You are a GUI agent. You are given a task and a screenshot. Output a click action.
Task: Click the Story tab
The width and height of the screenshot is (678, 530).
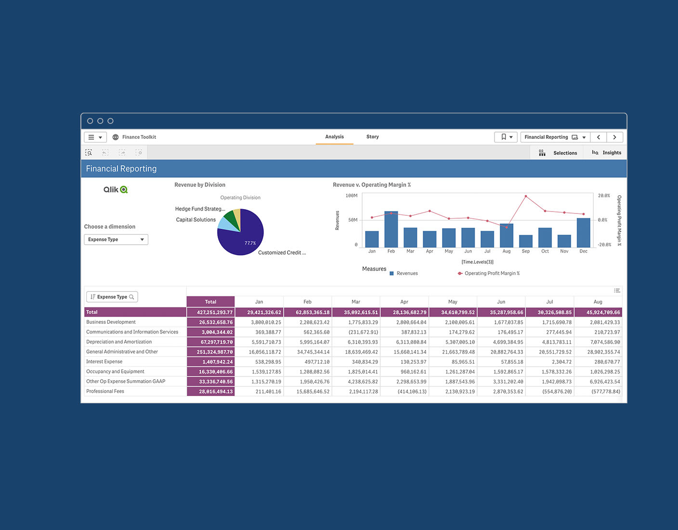[x=372, y=137]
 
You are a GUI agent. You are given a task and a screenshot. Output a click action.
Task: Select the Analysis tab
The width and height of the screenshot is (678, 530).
[x=334, y=137]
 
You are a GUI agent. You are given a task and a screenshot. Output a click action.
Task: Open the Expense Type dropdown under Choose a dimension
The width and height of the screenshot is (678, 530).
[x=116, y=239]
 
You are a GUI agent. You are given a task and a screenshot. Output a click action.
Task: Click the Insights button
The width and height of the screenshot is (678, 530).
[x=607, y=153]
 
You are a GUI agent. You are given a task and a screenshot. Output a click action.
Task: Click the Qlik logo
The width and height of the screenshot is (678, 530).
[x=116, y=190]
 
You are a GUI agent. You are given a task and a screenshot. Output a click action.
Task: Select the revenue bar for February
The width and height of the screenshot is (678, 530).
[x=391, y=230]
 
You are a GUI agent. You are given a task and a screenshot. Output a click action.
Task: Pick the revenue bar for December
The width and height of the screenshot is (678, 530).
[x=583, y=233]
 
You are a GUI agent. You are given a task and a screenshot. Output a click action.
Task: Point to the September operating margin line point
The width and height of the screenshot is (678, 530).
[x=525, y=196]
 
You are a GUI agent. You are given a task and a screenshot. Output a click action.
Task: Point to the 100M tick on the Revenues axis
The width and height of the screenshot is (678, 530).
[x=352, y=196]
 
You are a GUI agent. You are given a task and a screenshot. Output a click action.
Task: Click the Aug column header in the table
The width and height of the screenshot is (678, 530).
[x=598, y=302]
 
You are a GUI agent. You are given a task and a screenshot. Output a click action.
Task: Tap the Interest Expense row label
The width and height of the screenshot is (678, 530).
[x=104, y=361]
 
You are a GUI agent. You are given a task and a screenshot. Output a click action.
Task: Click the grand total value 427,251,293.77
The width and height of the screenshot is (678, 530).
[x=215, y=312]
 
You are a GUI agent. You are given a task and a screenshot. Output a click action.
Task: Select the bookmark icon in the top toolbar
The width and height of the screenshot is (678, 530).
[x=504, y=137]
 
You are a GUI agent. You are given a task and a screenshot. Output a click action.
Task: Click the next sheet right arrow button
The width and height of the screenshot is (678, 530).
[x=614, y=137]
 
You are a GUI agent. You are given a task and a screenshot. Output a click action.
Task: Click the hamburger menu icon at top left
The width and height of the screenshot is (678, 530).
[x=91, y=137]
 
